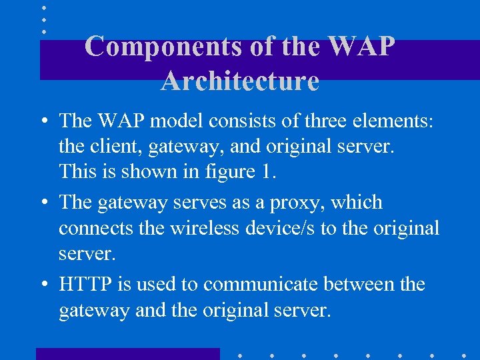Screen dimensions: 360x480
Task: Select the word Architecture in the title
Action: (240, 81)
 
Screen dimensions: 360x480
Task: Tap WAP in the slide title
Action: (362, 47)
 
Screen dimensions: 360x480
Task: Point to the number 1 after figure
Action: (267, 171)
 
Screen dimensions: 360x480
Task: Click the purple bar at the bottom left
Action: (127, 353)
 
